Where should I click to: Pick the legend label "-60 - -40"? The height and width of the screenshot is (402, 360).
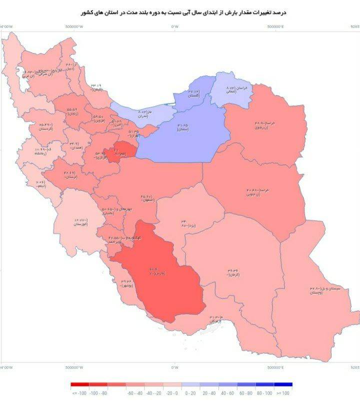pyautogui.click(x=135, y=393)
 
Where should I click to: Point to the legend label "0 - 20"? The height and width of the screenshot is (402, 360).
pyautogui.click(x=191, y=393)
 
